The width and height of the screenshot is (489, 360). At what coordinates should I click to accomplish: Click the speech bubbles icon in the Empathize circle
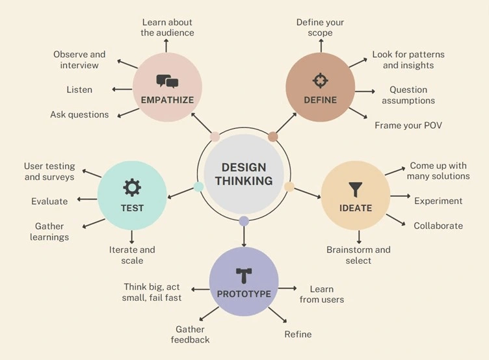[167, 81]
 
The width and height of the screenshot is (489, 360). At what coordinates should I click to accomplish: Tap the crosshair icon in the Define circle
[321, 81]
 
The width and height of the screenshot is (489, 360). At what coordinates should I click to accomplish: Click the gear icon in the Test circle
[132, 188]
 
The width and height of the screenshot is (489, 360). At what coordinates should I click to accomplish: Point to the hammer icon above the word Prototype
[244, 276]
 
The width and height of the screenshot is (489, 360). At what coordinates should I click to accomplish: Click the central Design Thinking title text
[244, 174]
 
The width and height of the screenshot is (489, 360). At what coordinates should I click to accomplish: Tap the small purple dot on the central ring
[244, 221]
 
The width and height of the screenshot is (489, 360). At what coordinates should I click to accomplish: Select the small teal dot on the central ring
[199, 186]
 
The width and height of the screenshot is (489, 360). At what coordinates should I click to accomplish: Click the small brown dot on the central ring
[273, 136]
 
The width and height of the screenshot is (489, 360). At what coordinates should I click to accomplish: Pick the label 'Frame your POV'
[408, 125]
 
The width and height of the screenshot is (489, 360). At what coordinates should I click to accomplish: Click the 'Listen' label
[79, 90]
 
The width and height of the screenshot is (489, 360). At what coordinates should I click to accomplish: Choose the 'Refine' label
[298, 334]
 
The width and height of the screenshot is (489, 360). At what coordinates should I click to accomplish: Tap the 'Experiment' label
[438, 201]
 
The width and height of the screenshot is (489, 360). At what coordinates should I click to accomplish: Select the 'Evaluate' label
[49, 201]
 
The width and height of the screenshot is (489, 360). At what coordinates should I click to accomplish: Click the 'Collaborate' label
[438, 225]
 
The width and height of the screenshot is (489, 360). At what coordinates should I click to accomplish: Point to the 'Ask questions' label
[79, 115]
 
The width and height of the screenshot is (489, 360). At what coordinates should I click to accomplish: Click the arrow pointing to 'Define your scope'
[321, 45]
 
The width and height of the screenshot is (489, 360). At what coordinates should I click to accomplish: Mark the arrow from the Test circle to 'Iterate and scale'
[131, 237]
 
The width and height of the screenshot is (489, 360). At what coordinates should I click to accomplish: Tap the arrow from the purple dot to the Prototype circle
[244, 237]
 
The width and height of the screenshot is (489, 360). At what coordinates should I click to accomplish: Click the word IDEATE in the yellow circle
[356, 208]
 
